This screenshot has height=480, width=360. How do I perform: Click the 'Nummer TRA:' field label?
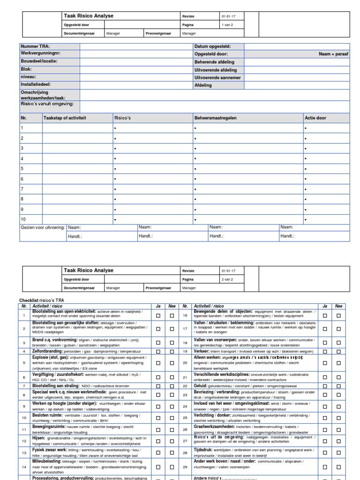tap(35, 46)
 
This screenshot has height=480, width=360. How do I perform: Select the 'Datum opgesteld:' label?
tap(212, 46)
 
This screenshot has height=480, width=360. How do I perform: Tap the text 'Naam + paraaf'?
tap(333, 54)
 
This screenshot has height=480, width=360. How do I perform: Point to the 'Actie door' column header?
tap(315, 118)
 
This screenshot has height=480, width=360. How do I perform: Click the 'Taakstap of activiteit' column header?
tap(65, 118)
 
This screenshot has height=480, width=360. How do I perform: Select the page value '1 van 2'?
tap(227, 26)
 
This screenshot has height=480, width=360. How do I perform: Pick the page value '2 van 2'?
tap(227, 279)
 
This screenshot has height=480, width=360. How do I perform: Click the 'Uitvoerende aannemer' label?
tap(217, 77)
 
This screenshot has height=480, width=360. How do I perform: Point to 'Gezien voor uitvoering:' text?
tap(43, 227)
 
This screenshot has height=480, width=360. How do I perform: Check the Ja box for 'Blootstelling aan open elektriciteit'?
tap(158, 316)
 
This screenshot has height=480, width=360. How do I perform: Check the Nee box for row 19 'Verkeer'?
tap(338, 351)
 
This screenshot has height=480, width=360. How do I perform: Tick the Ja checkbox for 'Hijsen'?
tap(158, 440)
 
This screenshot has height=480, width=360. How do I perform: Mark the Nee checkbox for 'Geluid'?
tap(338, 386)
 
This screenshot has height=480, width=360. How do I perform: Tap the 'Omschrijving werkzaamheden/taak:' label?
tap(43, 95)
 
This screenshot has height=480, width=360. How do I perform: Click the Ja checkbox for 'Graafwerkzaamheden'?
tap(325, 429)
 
